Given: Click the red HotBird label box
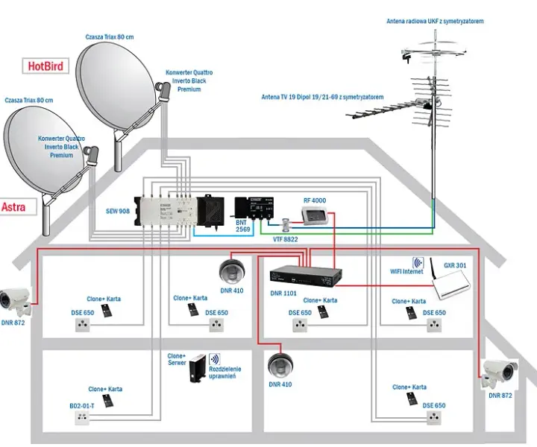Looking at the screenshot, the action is pyautogui.click(x=45, y=66).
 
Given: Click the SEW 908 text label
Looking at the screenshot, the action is pyautogui.click(x=118, y=211).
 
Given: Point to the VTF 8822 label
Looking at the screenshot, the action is pyautogui.click(x=285, y=239).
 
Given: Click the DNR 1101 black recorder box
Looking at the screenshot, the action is pyautogui.click(x=306, y=276).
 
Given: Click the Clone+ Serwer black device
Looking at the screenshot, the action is pyautogui.click(x=198, y=368).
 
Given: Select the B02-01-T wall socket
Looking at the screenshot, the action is pyautogui.click(x=82, y=418).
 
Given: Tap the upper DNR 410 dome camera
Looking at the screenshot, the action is pyautogui.click(x=232, y=271).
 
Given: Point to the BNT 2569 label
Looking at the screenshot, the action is pyautogui.click(x=243, y=226).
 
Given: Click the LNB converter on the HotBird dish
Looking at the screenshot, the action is pyautogui.click(x=163, y=91).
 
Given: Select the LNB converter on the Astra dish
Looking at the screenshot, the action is pyautogui.click(x=92, y=155).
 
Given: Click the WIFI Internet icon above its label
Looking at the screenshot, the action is pyautogui.click(x=418, y=263).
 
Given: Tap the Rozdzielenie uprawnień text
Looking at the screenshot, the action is pyautogui.click(x=225, y=372).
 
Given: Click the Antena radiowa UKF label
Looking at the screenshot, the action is pyautogui.click(x=435, y=21).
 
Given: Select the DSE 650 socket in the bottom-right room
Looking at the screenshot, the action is pyautogui.click(x=434, y=418).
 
